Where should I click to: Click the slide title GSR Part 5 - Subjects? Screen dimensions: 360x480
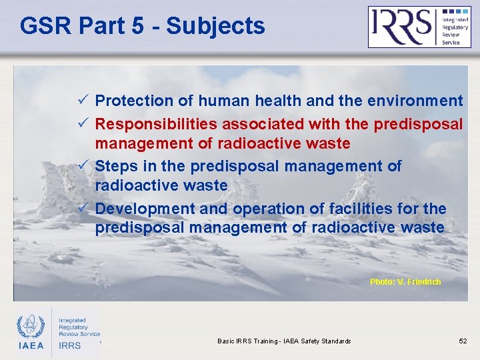coord(142,26)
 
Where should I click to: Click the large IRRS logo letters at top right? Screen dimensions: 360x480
coord(401,26)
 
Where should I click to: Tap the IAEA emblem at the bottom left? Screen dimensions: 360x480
coord(31,327)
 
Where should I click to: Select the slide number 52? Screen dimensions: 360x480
coord(463,341)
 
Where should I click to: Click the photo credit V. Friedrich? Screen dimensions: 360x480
coord(405,282)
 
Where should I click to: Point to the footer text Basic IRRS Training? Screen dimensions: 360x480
coord(284,341)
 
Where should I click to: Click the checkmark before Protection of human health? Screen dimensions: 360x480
coord(83,101)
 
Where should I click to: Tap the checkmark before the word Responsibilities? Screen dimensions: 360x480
coord(83,124)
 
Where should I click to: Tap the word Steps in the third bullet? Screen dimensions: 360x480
coord(115,166)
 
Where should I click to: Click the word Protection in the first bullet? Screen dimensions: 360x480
coord(133,101)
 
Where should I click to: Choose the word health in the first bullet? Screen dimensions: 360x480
coord(275,101)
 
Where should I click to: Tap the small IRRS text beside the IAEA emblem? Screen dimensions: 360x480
coord(69,345)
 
